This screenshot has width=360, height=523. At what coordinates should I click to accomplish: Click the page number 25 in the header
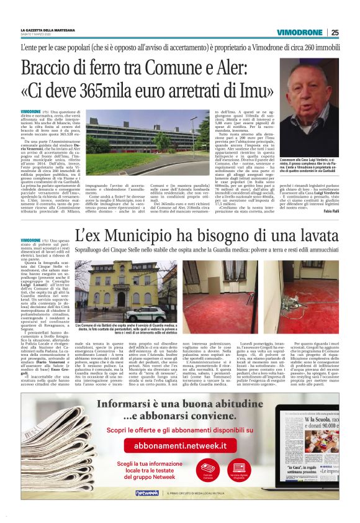(x=335, y=32)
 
